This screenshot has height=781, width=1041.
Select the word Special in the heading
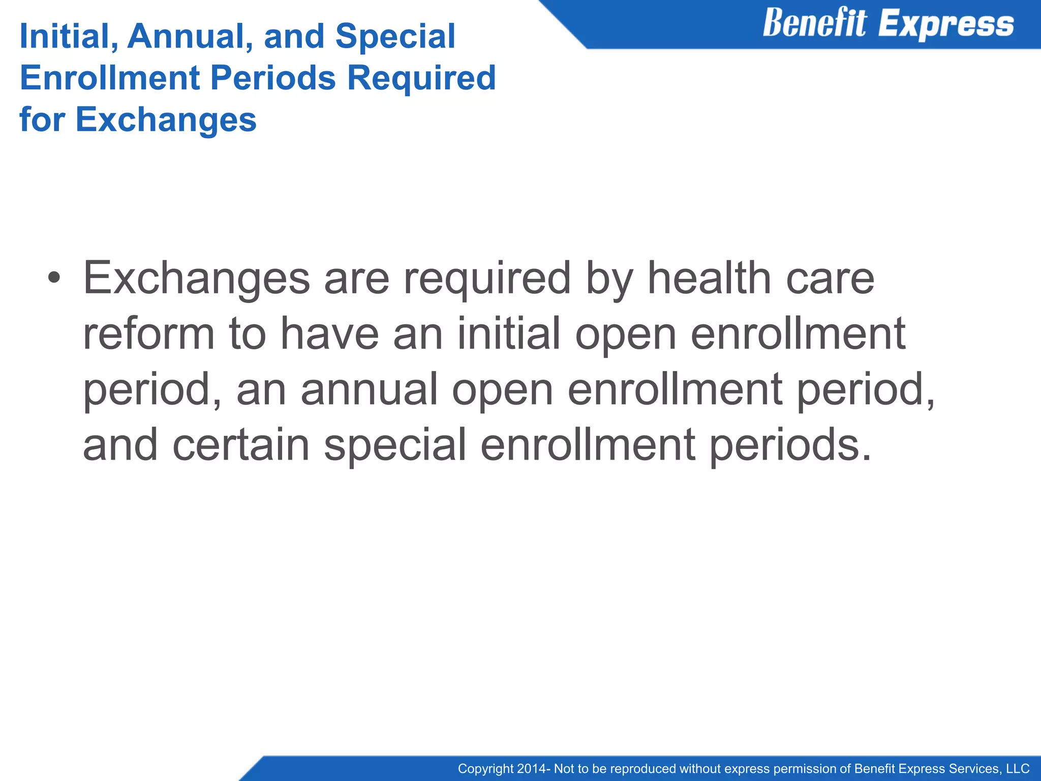point(395,37)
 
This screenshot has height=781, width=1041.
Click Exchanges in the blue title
point(166,120)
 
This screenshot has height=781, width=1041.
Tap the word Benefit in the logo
point(814,24)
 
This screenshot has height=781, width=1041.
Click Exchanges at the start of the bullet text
point(196,278)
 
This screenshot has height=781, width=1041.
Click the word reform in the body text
point(148,334)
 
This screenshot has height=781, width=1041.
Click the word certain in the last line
point(241,444)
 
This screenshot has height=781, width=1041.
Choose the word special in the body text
point(395,445)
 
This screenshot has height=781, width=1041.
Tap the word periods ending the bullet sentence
point(789,445)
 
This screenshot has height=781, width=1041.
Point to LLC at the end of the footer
point(1017,769)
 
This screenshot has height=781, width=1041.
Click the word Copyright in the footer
point(485,769)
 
